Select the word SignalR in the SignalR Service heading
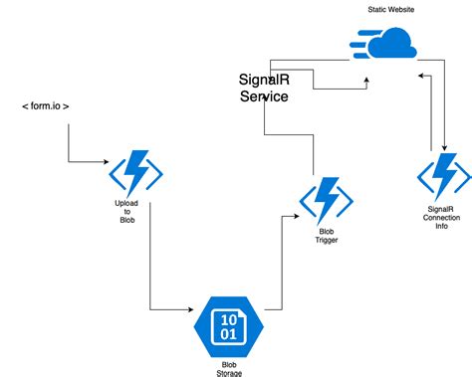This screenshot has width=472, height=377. pos(264,80)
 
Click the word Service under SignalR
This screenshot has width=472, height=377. pos(264,96)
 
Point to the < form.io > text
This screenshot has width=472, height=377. pos(45,105)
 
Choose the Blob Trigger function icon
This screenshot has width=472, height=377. pos(326,202)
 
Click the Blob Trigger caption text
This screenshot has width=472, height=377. pos(326,240)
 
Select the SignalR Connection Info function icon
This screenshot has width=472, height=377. pos(443,176)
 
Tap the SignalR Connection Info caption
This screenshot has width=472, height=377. pos(443,218)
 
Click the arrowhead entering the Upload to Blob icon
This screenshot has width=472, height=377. pos(109,161)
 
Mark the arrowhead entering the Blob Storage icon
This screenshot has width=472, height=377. pos(192,306)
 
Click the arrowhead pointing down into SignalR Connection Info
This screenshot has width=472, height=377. pos(441,149)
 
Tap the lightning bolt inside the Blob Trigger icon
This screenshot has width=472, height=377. pos(326,202)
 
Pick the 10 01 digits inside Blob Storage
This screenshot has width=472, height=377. pos(228,325)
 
